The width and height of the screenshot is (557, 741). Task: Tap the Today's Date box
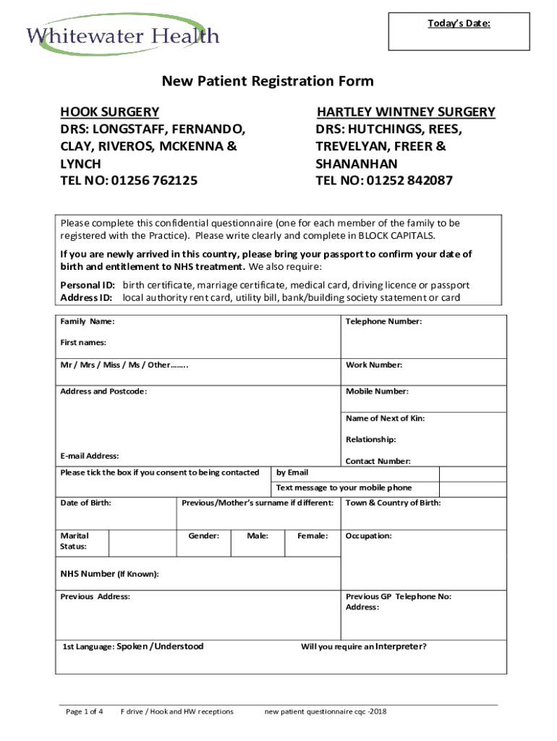(459, 33)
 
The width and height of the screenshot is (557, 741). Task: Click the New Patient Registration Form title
(268, 81)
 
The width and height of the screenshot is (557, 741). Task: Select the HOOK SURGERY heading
(109, 111)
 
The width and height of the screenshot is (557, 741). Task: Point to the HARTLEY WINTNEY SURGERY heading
(406, 111)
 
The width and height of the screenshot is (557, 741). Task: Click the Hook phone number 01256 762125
(129, 180)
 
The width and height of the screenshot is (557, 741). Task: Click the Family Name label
(87, 321)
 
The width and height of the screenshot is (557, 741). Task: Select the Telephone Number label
(383, 321)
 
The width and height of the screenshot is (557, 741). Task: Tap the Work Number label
(374, 365)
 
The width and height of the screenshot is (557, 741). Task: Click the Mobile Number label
(377, 391)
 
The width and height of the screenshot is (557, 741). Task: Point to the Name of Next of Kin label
(385, 418)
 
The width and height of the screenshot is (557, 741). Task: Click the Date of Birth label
(85, 503)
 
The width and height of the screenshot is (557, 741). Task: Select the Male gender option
(258, 536)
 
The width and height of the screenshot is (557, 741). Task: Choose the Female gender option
(312, 536)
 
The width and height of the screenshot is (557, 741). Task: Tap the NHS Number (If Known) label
(109, 575)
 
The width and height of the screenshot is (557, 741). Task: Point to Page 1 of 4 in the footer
(84, 712)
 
